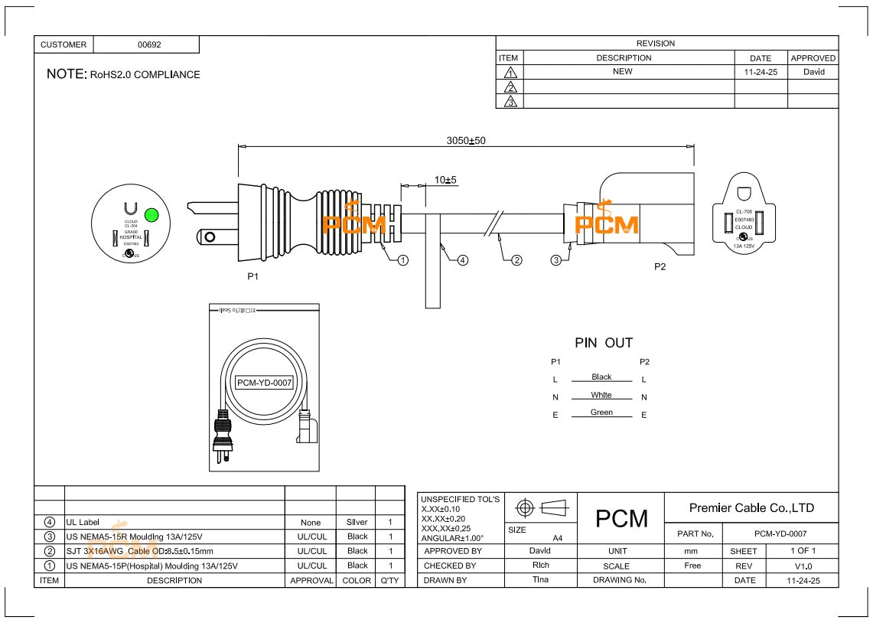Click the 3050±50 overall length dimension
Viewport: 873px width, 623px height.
[x=466, y=141]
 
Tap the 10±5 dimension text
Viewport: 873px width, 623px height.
[x=445, y=180]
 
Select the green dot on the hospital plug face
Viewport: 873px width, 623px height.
[x=151, y=214]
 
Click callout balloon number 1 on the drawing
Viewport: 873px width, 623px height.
[x=403, y=260]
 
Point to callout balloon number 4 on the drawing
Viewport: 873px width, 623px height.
[x=462, y=260]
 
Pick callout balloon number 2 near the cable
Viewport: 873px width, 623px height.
[x=516, y=260]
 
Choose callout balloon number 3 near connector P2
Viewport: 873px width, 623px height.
[x=556, y=260]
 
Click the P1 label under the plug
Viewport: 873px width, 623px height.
[x=252, y=276]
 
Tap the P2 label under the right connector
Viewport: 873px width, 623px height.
[x=660, y=267]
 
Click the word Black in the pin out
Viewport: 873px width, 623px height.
[x=601, y=377]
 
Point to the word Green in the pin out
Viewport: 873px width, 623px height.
[x=601, y=413]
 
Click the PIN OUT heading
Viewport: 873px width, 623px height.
[x=604, y=343]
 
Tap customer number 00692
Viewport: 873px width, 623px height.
[x=149, y=45]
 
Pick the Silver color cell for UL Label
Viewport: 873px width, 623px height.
[x=357, y=522]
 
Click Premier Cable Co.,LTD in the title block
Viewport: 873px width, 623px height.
[x=751, y=507]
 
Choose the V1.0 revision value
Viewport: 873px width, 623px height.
[x=803, y=566]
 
